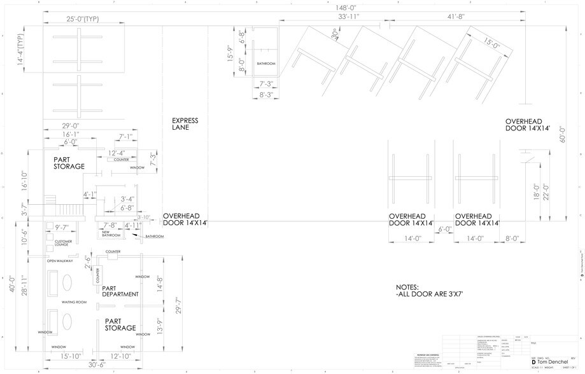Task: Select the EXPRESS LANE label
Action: click(185, 124)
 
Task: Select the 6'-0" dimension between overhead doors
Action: click(444, 229)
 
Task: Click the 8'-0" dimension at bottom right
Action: click(511, 239)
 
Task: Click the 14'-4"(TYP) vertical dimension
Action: click(20, 48)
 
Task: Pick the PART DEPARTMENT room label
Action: click(120, 291)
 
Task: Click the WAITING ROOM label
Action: click(74, 302)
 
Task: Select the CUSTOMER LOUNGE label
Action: click(64, 243)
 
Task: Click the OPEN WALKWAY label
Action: click(60, 261)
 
